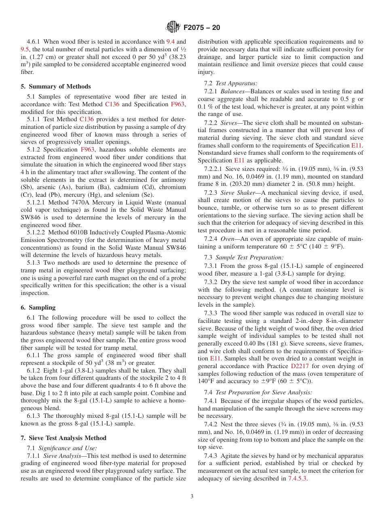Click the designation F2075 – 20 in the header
[202, 28]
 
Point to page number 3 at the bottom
[192, 496]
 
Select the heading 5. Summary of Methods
[56, 86]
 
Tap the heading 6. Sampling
[38, 308]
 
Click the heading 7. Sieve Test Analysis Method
[63, 438]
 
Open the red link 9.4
[171, 42]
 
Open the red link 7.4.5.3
[297, 478]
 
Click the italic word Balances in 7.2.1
[232, 91]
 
